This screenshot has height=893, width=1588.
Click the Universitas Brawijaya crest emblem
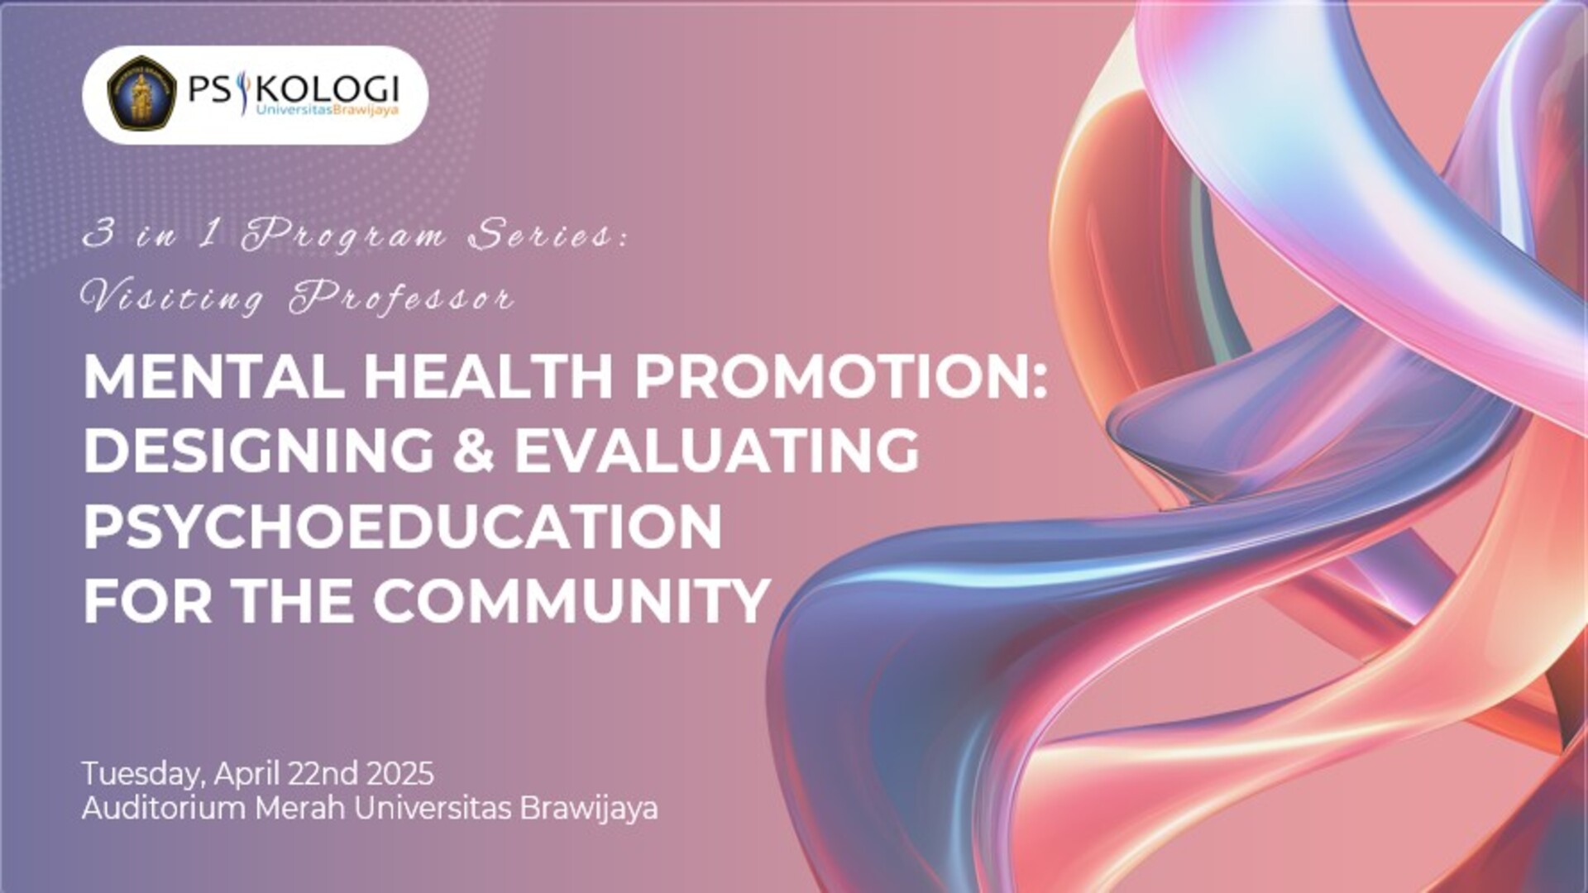[141, 93]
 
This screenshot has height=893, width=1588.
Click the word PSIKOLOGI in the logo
[294, 88]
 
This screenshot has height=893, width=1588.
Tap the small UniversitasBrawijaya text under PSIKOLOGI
[328, 110]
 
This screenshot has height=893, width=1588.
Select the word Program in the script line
[342, 235]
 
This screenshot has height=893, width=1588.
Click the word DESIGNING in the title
[259, 451]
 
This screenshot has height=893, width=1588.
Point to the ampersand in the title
[474, 451]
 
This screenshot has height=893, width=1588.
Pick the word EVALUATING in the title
[717, 451]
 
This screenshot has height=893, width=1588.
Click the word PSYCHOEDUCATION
[403, 526]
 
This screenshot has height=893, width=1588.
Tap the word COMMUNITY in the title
[572, 600]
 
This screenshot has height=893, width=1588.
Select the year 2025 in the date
[399, 774]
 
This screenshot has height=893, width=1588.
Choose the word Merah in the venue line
[300, 808]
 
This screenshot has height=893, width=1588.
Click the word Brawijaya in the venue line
[589, 809]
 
